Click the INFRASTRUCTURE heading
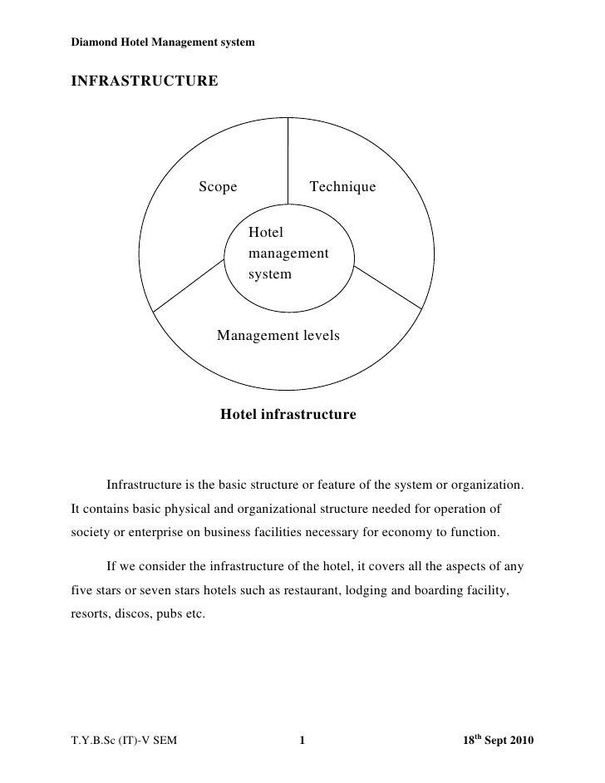pos(144,81)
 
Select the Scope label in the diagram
pos(218,187)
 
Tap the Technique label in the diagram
pos(342,187)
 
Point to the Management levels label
pos(278,336)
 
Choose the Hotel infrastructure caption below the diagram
pos(288,414)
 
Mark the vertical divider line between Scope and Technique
pos(288,158)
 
